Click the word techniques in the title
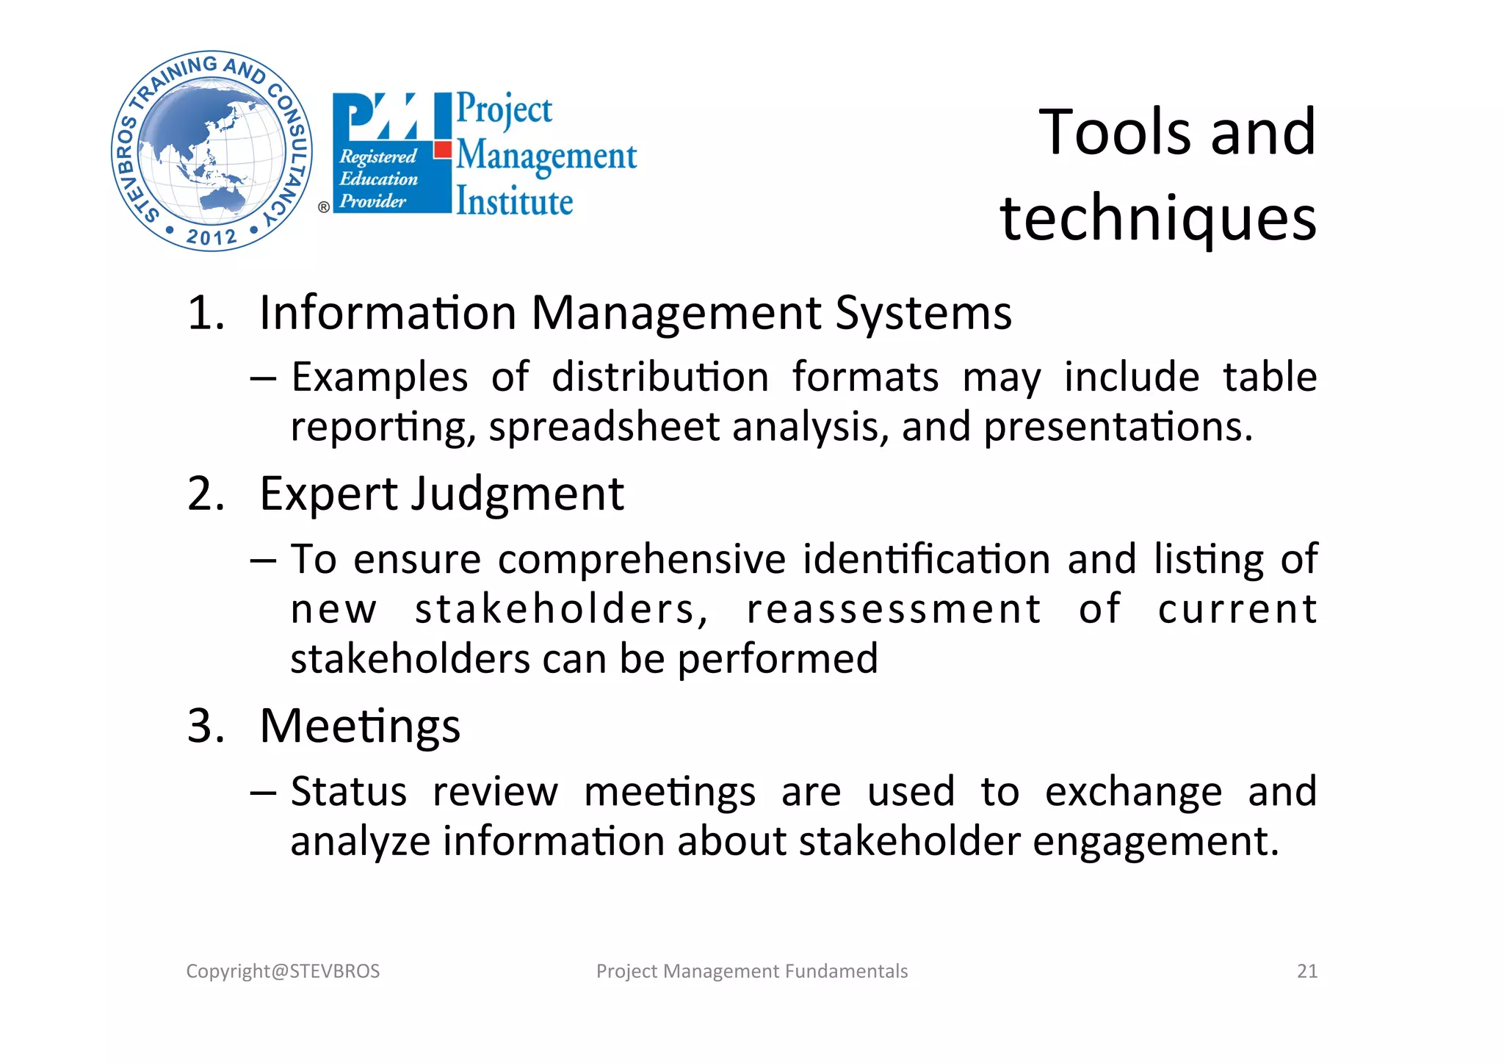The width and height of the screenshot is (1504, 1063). (x=1158, y=219)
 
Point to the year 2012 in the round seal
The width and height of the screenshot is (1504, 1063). (x=211, y=237)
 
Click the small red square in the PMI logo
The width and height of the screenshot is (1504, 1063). (x=442, y=150)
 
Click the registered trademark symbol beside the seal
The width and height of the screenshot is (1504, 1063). (x=324, y=207)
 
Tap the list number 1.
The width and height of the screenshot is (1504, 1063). (x=206, y=313)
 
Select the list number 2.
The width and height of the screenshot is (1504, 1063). (x=206, y=494)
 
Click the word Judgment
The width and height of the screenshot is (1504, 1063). (x=517, y=494)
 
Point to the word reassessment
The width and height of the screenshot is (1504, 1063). (x=894, y=609)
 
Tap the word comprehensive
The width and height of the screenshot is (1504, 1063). (x=642, y=559)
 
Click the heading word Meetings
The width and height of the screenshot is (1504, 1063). (x=360, y=726)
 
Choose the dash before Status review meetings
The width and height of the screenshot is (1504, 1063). (x=263, y=793)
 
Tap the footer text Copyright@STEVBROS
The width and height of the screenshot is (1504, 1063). (x=283, y=971)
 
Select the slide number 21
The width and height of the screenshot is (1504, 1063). (x=1306, y=971)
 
